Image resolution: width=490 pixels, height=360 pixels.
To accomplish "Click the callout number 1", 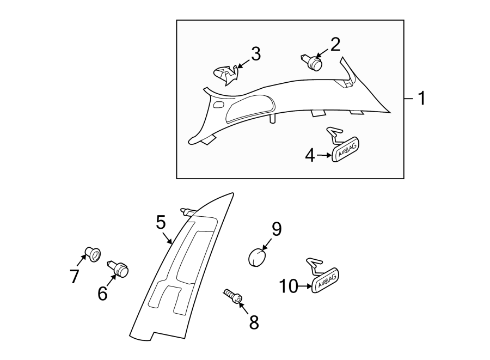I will coord(420,98).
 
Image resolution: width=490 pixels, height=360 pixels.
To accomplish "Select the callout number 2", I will coord(335,44).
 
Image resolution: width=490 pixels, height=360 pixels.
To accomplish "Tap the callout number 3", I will coord(255,54).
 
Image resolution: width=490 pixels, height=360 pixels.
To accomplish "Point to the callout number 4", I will coord(310,156).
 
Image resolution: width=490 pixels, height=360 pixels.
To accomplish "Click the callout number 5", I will coord(160,222).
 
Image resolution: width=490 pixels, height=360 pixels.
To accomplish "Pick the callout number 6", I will coord(103,294).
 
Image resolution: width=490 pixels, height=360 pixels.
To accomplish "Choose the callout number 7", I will coord(75,276).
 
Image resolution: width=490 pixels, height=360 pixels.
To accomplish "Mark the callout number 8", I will coord(254,322).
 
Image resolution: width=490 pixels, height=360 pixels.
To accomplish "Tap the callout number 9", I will coord(276,229).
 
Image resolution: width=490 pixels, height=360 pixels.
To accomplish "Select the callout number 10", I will coord(289,286).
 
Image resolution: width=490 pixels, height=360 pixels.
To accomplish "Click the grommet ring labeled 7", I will coord(92,254).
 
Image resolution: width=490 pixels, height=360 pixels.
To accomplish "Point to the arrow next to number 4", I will coord(324,156).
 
